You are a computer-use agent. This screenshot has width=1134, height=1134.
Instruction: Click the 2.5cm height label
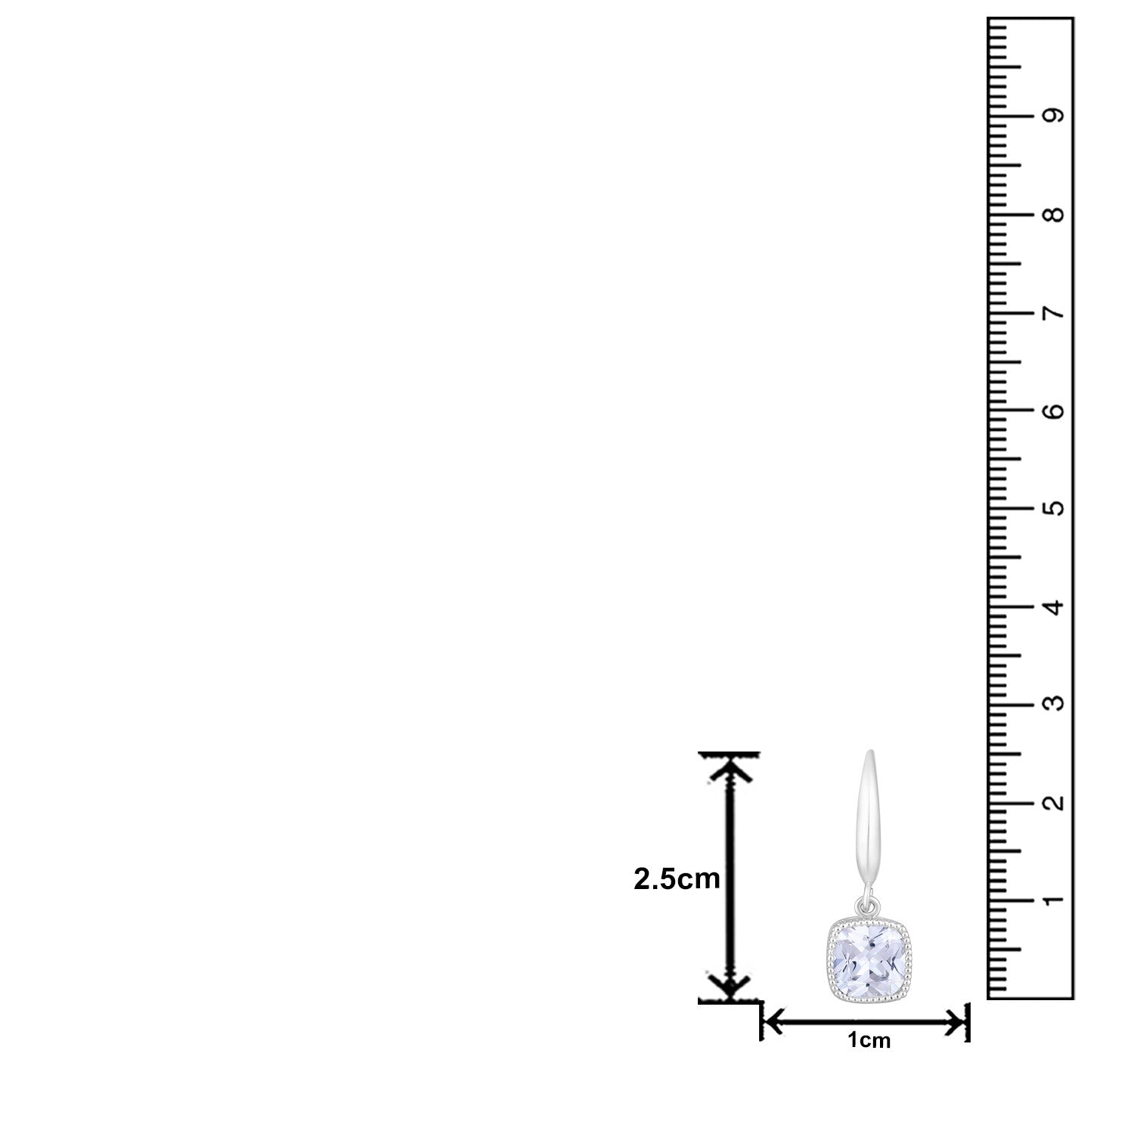(677, 878)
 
